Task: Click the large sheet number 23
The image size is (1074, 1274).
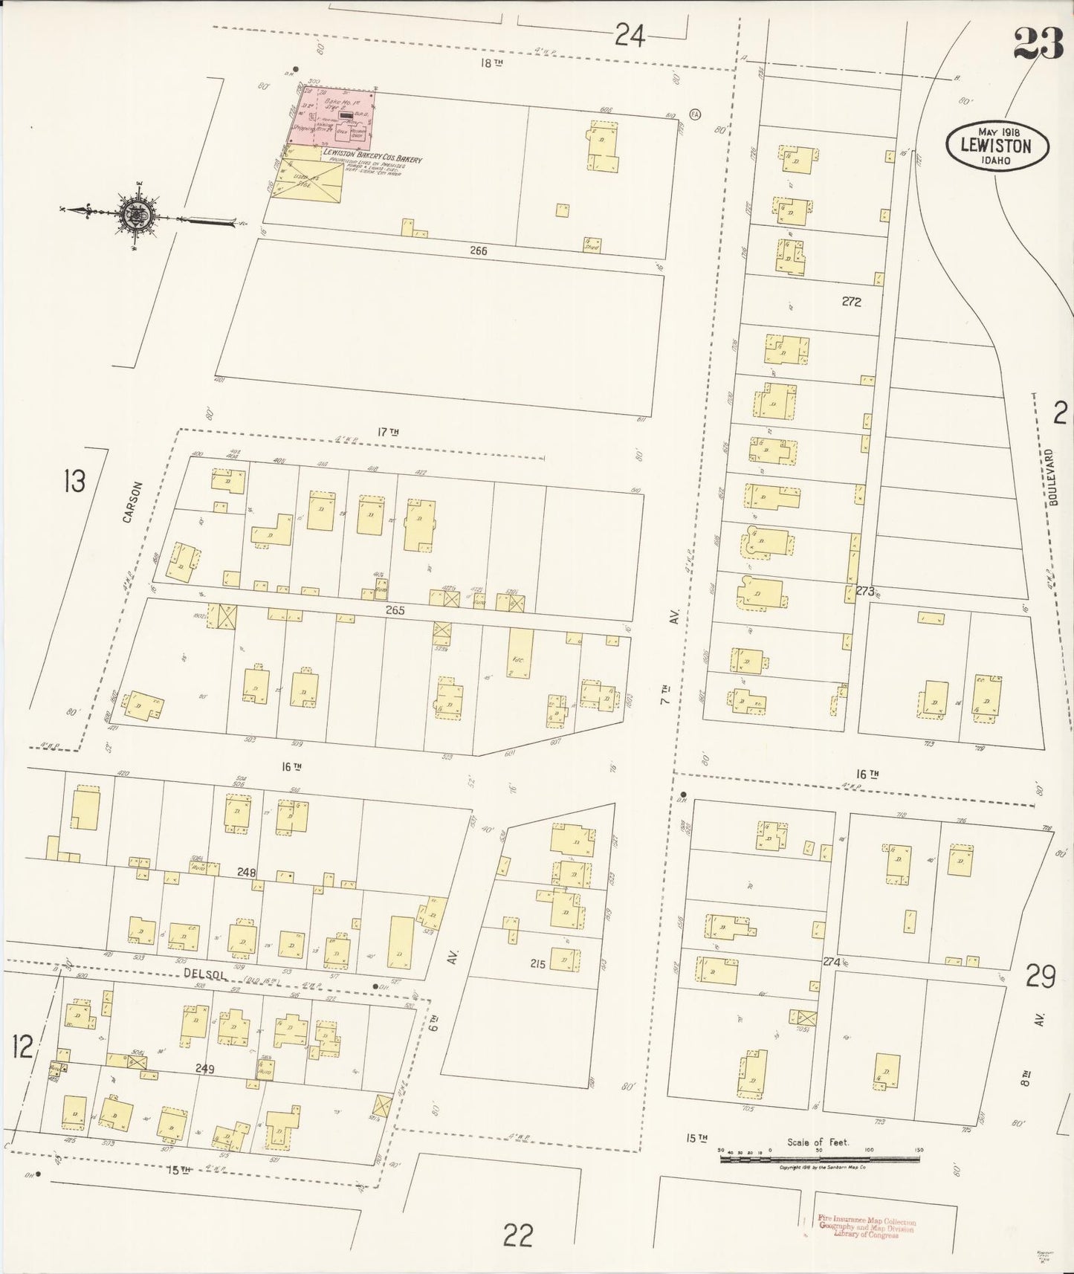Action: pos(1038,43)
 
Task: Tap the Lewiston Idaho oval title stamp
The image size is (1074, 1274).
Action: pos(997,146)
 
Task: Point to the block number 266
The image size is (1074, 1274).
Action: pos(478,251)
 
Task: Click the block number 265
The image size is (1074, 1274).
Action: pos(395,609)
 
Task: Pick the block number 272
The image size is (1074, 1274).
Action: pos(851,302)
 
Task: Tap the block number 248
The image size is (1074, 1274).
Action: pos(247,872)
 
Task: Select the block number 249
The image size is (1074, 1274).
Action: pos(205,1069)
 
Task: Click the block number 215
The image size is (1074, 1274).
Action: pos(538,964)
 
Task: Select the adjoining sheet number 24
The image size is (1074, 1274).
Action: pos(629,35)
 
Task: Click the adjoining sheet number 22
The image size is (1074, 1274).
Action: pos(517,1235)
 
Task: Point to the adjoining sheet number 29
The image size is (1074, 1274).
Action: pos(1040,976)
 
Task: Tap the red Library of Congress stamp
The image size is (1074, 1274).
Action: pos(866,1228)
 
